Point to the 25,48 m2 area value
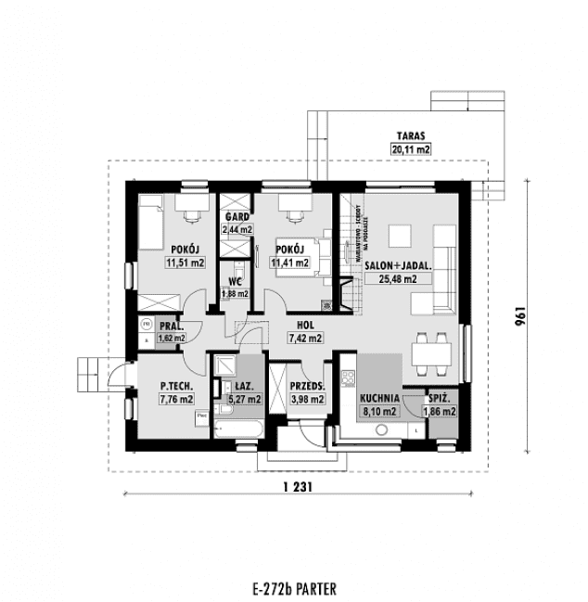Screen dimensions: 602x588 (397, 277)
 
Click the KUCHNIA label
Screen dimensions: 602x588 (379, 398)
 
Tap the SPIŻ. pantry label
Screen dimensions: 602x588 (441, 397)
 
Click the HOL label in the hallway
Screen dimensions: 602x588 (303, 327)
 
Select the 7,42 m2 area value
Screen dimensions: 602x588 (303, 339)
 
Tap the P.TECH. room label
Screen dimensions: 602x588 (175, 386)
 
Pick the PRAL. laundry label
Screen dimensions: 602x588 (171, 327)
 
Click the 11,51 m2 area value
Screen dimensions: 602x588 (183, 263)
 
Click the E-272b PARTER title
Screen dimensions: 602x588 (293, 588)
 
